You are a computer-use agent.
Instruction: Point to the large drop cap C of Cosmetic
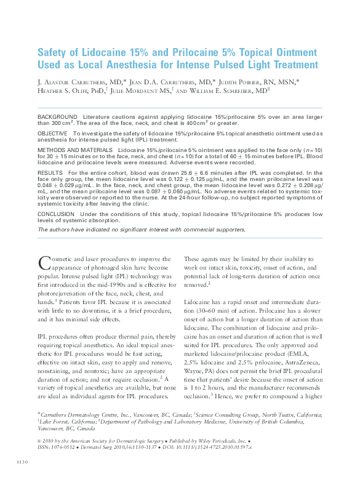(x=43, y=263)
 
